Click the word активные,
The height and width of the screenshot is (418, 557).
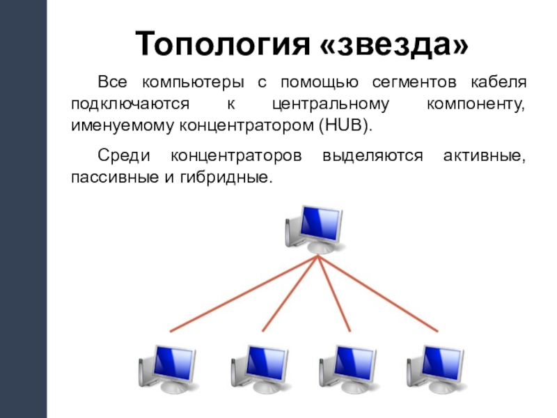(485, 155)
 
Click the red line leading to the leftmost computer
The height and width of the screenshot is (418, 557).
(244, 293)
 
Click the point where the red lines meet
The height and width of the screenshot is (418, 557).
(318, 256)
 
